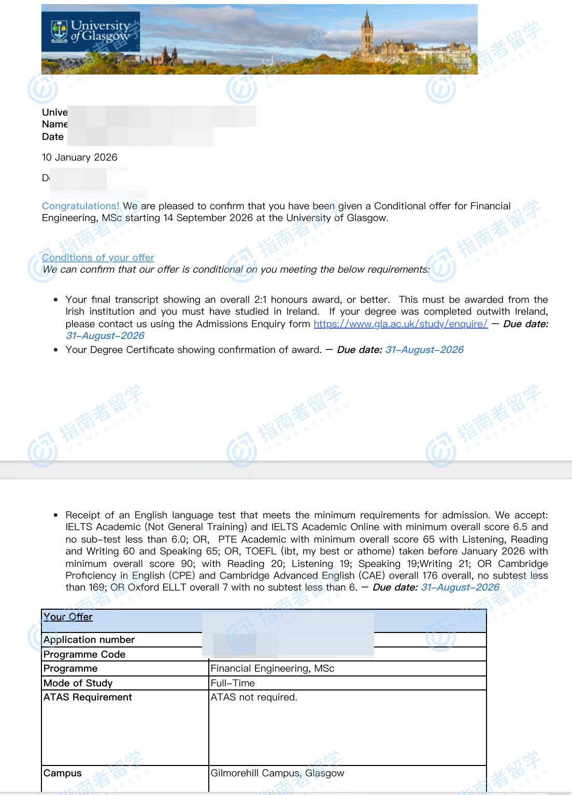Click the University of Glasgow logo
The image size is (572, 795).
(x=91, y=31)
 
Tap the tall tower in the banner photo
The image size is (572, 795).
(x=367, y=31)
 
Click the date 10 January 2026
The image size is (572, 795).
(x=80, y=157)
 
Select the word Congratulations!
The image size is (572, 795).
(x=80, y=206)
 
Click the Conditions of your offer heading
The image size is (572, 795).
(x=98, y=258)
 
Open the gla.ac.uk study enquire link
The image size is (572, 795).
(x=401, y=324)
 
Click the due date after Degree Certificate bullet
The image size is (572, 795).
(x=424, y=350)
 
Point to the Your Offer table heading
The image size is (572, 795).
(x=68, y=617)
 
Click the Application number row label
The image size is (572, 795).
(x=89, y=640)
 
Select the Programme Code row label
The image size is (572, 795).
(x=84, y=654)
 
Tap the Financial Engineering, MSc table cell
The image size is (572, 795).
(x=273, y=669)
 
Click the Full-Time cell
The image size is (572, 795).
(x=233, y=683)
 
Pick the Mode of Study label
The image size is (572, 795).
(x=78, y=683)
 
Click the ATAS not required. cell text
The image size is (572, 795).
(x=254, y=697)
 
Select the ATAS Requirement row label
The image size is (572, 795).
(x=88, y=697)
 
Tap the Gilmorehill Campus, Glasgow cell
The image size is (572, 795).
(x=277, y=773)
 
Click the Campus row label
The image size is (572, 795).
(x=63, y=773)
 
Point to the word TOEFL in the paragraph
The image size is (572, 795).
(x=261, y=551)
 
